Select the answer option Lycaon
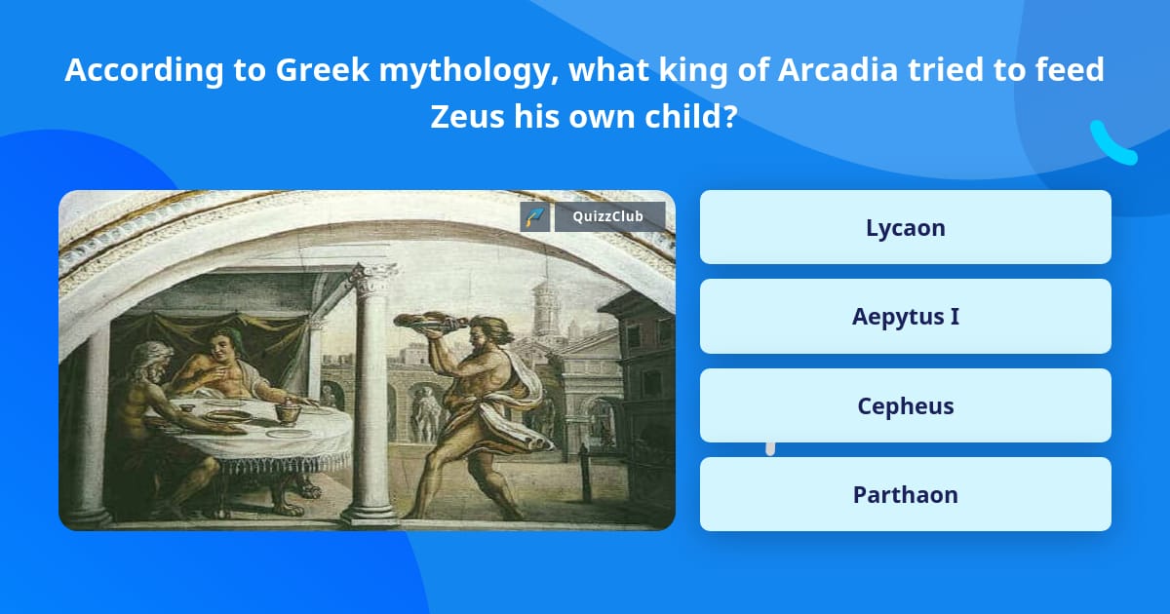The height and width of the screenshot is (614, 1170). [x=905, y=228]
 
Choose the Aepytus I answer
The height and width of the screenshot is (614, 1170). [x=905, y=317]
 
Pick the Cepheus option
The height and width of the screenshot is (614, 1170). [x=905, y=405]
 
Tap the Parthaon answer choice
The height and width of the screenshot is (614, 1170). [x=905, y=494]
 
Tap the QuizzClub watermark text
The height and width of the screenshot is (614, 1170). [x=609, y=216]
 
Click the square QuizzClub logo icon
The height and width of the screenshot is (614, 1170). [x=535, y=216]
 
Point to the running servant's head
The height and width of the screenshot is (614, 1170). [x=494, y=331]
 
